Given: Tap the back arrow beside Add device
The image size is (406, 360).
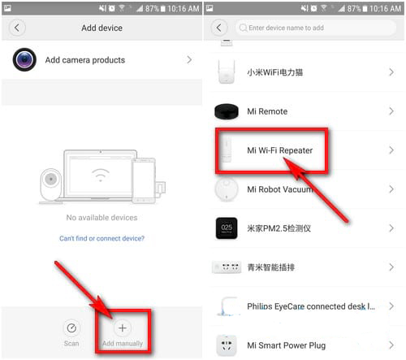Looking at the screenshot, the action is pos(17,28).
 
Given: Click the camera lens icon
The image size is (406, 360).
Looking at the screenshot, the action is pos(24,59).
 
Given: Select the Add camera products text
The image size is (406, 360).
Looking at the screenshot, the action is pos(85,60).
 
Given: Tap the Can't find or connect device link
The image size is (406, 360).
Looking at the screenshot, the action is pos(101,238).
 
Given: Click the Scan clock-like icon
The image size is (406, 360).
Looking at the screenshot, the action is pos(71,328).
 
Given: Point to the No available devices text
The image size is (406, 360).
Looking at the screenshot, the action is pos(101,218).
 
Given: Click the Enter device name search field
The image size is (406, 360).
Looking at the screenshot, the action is pos(316,28).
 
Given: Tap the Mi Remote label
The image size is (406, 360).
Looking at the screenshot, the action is pos(267,111).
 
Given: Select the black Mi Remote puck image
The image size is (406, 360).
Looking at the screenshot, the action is pos(227,111).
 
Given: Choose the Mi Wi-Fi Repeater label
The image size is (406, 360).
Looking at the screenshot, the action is pos(279,150).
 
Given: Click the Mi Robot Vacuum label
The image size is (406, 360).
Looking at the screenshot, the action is pos(279,189).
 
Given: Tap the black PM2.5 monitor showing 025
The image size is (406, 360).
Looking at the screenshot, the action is pos(227,228).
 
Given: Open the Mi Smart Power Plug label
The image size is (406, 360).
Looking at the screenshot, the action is pos(286,345).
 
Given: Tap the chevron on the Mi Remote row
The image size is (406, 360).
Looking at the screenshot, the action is pos(391,111).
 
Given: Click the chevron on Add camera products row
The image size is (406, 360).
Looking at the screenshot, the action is pos(189,59).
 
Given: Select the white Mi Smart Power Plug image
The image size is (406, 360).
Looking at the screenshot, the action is pos(227,345).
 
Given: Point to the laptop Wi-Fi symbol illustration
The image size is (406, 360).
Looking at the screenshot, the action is pos(101,175).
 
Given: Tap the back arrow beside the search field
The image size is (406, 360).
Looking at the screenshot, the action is pos(219,28).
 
